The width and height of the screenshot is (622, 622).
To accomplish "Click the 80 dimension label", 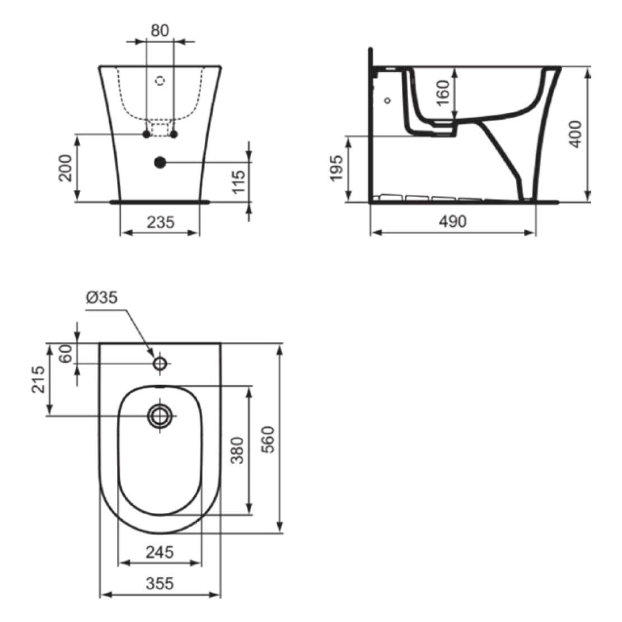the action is pyautogui.click(x=160, y=31).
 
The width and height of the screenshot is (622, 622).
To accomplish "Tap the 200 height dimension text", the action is pyautogui.click(x=66, y=168).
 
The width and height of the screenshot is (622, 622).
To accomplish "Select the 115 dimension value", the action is pyautogui.click(x=239, y=182).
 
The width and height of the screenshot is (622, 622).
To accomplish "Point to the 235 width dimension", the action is pyautogui.click(x=161, y=222).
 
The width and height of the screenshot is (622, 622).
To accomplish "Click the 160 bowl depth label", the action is pyautogui.click(x=443, y=92).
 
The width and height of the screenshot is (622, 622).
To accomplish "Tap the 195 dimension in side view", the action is pyautogui.click(x=336, y=168).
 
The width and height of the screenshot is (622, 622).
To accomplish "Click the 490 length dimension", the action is pyautogui.click(x=453, y=221).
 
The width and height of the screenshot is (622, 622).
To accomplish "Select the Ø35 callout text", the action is pyautogui.click(x=102, y=297).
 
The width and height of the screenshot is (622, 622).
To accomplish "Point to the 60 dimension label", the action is pyautogui.click(x=66, y=353).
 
